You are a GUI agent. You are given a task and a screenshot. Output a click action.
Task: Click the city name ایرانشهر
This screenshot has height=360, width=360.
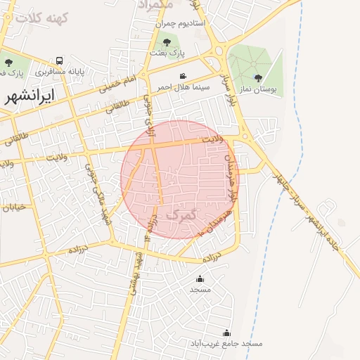[29, 96]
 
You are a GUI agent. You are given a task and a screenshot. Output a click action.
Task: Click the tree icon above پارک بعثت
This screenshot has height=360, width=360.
[166, 43]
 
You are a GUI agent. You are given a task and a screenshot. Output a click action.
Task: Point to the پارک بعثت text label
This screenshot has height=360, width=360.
[166, 53]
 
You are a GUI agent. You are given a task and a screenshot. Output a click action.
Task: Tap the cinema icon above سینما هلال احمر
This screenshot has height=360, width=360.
[183, 76]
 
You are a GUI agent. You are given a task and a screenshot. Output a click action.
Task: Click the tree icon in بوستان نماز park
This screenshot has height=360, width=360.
[258, 78]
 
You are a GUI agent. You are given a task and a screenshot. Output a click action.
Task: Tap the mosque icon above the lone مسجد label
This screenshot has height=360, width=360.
[200, 278]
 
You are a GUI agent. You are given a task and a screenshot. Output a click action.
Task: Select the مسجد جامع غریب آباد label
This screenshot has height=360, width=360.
[226, 344]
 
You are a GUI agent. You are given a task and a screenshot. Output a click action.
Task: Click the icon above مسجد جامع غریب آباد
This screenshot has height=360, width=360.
[226, 333]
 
